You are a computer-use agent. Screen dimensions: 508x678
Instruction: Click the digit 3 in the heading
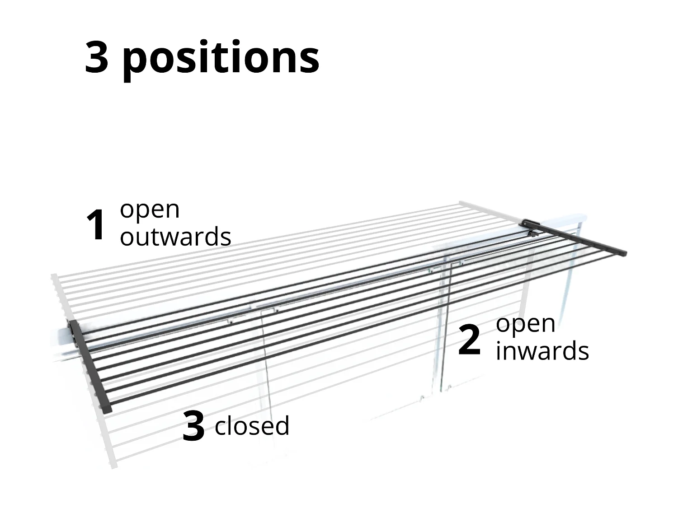point(97,57)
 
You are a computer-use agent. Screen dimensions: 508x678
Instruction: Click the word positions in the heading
point(221,59)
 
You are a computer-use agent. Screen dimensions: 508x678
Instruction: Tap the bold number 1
point(96,225)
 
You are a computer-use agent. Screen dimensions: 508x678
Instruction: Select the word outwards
point(175,237)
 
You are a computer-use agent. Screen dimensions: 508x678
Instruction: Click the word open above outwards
point(150,210)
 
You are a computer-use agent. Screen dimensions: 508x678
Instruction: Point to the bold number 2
point(469,340)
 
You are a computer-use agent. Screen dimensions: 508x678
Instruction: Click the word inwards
point(542,351)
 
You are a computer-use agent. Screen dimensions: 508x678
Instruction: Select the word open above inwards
point(525,324)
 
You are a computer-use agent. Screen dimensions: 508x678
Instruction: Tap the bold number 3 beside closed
point(193,426)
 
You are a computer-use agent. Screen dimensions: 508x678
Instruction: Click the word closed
point(252,426)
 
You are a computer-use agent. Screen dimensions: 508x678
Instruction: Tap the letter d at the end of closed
point(281,426)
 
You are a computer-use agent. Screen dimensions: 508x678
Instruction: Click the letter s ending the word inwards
point(583,352)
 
